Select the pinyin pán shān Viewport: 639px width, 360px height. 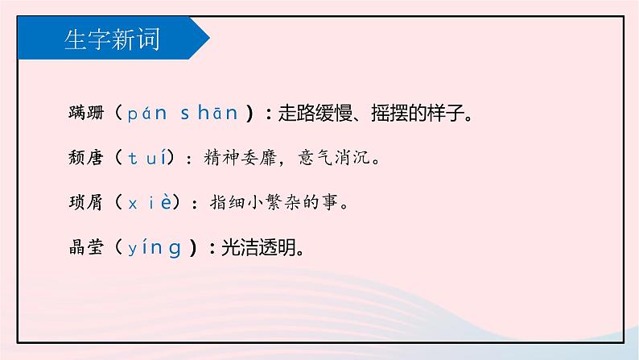183,114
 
